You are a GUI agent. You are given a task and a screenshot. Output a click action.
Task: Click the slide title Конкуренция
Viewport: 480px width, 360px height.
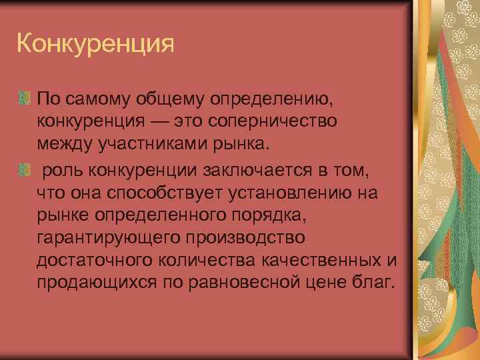95,45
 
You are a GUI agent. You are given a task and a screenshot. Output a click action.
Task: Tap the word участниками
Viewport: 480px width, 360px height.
150,143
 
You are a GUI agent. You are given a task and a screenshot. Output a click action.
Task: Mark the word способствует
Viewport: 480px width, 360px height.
165,194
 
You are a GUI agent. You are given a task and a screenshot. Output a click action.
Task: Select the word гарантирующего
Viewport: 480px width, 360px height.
109,237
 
